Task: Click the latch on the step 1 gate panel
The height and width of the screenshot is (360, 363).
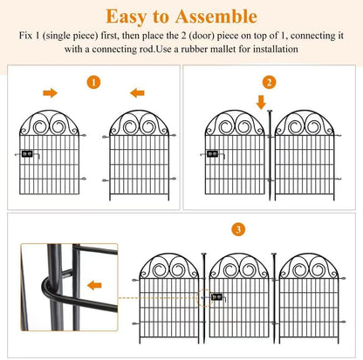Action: (27, 154)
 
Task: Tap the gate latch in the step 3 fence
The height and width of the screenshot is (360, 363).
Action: (214, 297)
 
